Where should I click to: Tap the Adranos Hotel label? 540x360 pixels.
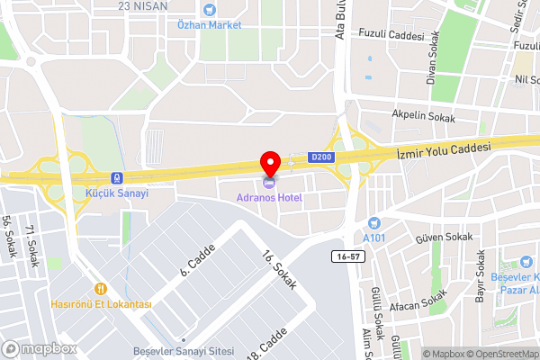(x=269, y=197)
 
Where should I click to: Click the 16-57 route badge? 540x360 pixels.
(x=348, y=256)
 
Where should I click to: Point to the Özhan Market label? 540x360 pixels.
(x=209, y=24)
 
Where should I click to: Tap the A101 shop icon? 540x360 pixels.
(x=373, y=223)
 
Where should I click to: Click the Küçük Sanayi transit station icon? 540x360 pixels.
(x=116, y=177)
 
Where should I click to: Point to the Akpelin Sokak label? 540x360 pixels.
(x=423, y=115)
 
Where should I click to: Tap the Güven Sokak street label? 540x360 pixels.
(x=443, y=238)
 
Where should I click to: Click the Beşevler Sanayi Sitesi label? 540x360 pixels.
(x=184, y=350)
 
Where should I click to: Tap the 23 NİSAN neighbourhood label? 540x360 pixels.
(x=143, y=5)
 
